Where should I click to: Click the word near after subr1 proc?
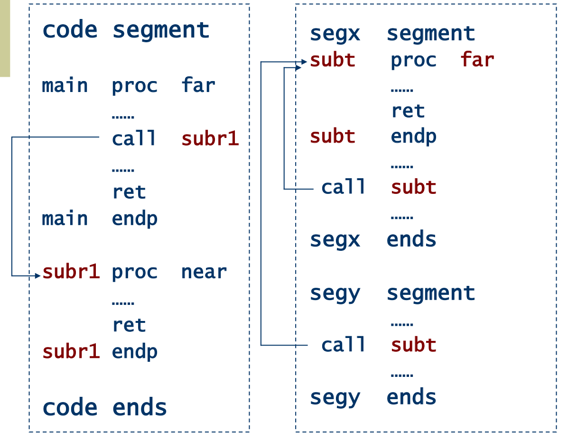204,272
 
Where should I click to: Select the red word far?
477,60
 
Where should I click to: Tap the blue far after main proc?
198,85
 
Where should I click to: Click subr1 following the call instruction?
210,139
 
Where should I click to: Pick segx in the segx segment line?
335,34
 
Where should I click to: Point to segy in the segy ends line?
335,397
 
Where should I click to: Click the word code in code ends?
70,407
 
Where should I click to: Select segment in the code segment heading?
161,30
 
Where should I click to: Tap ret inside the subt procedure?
408,111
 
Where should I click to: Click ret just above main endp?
129,192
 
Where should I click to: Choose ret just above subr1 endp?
129,325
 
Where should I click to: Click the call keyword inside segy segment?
344,345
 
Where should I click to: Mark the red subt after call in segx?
413,187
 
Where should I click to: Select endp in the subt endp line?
413,137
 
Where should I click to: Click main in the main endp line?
65,219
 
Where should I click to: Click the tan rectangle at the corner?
5,38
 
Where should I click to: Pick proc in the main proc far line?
135,85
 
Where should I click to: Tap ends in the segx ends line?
411,239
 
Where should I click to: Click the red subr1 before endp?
71,351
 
